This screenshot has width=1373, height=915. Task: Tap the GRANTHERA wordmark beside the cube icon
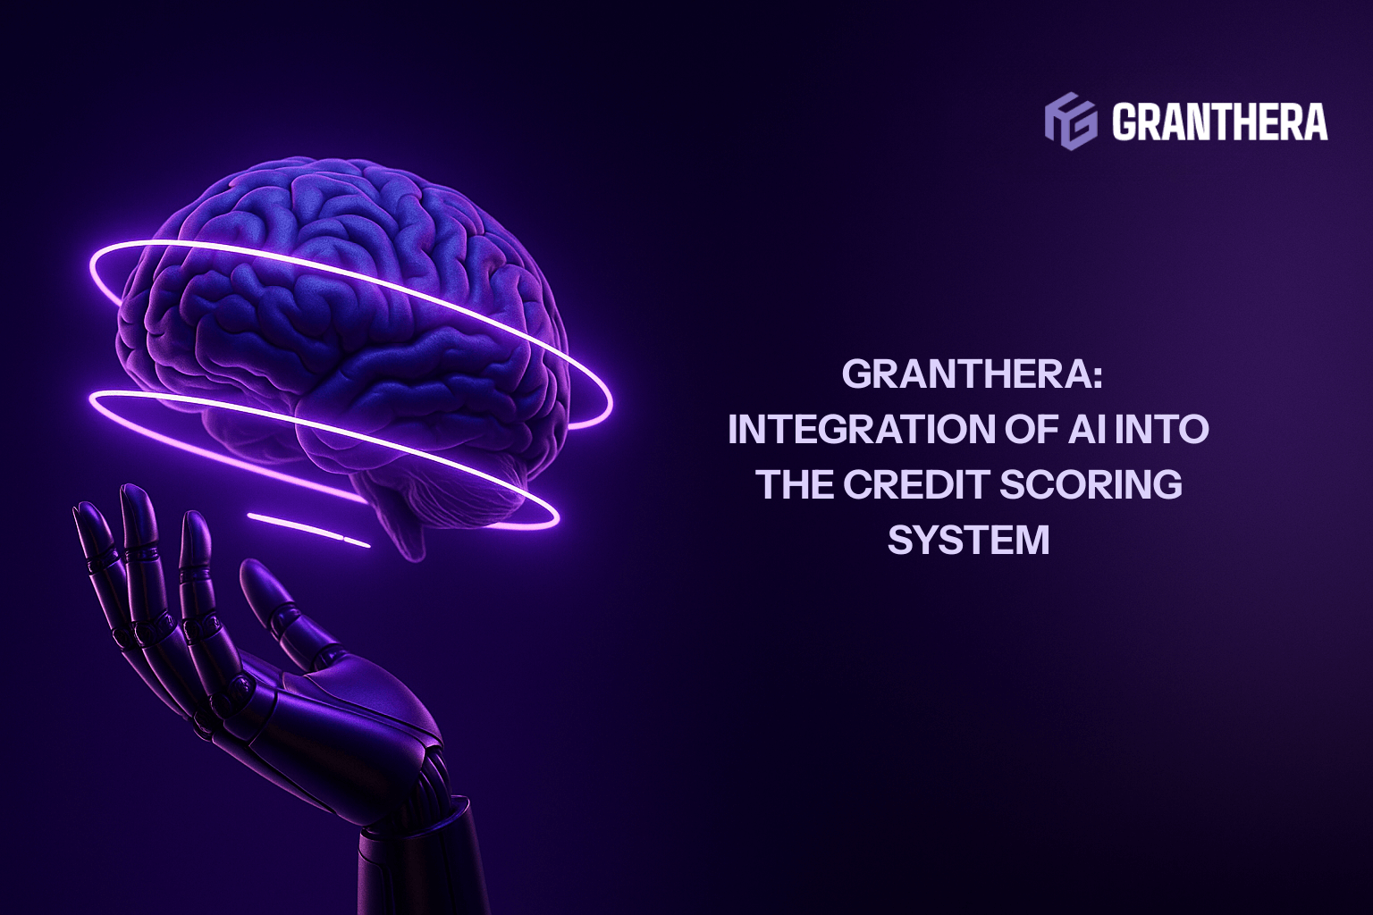[1219, 121]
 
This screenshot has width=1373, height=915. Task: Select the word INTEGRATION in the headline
[846, 430]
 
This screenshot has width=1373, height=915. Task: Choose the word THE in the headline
[794, 485]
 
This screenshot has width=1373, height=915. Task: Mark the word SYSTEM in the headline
[968, 541]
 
